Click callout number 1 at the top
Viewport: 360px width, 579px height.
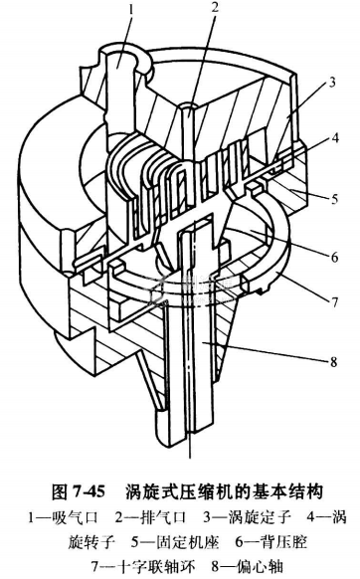coord(130,9)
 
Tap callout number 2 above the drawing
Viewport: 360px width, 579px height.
coord(215,8)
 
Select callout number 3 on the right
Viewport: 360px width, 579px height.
coord(332,82)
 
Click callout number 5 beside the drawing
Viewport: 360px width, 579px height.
coord(334,199)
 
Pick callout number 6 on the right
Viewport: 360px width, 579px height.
coord(334,257)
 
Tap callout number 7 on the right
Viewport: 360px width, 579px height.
coord(333,301)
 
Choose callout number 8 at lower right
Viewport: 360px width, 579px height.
coord(333,361)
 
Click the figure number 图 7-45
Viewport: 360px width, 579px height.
coord(79,491)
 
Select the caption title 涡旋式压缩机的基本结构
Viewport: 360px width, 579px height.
coord(225,491)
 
